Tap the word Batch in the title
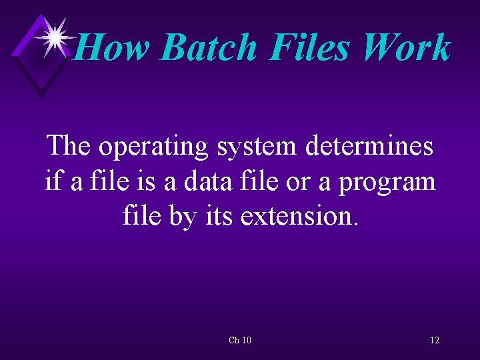tap(208, 48)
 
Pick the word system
tap(257, 146)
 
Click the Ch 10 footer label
tap(240, 340)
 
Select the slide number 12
tap(435, 340)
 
